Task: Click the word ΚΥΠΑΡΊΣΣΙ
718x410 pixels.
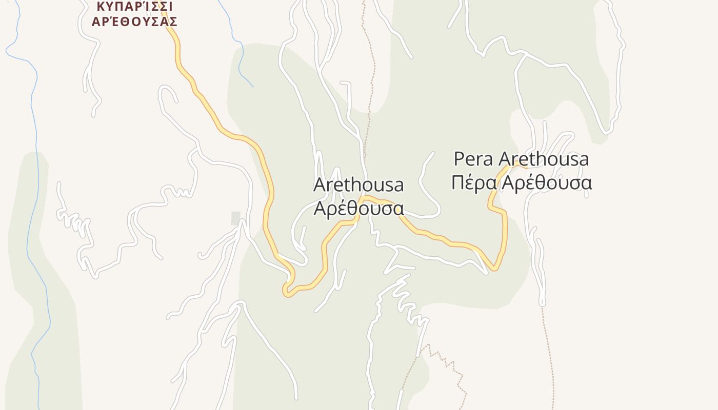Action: pyautogui.click(x=134, y=6)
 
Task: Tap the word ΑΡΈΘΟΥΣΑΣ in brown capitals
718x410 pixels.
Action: pyautogui.click(x=134, y=22)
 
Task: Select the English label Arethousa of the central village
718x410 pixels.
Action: pyautogui.click(x=358, y=184)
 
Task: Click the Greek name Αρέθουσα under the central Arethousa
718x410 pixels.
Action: pyautogui.click(x=358, y=208)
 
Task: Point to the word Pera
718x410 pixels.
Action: pyautogui.click(x=474, y=159)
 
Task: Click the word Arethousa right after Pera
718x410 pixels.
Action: pyautogui.click(x=544, y=159)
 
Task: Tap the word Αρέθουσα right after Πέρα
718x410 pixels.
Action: pyautogui.click(x=547, y=183)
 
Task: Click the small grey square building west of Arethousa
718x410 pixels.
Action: pyautogui.click(x=235, y=218)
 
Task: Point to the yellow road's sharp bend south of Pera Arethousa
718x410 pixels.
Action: pyautogui.click(x=494, y=268)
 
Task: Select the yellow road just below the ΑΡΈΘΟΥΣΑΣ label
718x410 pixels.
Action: pyautogui.click(x=178, y=51)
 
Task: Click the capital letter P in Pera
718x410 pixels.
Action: pyautogui.click(x=459, y=159)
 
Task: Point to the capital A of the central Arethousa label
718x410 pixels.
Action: pyautogui.click(x=319, y=184)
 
